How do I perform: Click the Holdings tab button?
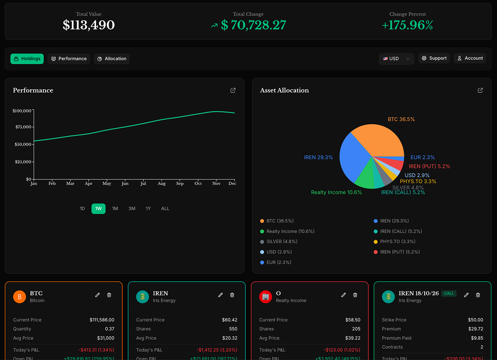(x=27, y=59)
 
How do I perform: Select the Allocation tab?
(x=112, y=59)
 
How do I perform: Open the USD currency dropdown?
(x=396, y=59)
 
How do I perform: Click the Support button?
(x=434, y=58)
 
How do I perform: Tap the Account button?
(x=470, y=58)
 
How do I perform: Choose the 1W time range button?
(x=99, y=209)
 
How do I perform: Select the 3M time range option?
(x=132, y=209)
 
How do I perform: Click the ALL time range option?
(x=165, y=209)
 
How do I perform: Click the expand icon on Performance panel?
(x=233, y=90)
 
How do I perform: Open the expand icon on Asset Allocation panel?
(x=480, y=90)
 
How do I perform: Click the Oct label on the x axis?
(x=198, y=184)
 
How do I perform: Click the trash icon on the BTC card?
(x=109, y=295)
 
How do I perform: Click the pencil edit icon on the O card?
(x=344, y=295)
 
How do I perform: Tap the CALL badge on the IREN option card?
(x=449, y=294)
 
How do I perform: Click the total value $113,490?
(x=89, y=25)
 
